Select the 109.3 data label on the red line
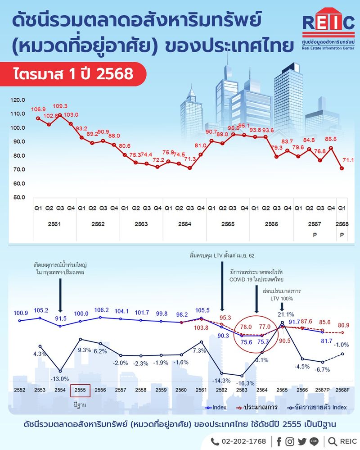pos(60,106)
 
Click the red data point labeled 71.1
pos(342,168)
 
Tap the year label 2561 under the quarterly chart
pos(54,224)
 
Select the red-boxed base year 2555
pos(80,391)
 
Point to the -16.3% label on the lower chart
pos(241,383)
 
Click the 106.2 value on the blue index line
pos(101,310)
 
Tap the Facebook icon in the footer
pos(279,441)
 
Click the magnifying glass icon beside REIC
pos(333,441)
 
